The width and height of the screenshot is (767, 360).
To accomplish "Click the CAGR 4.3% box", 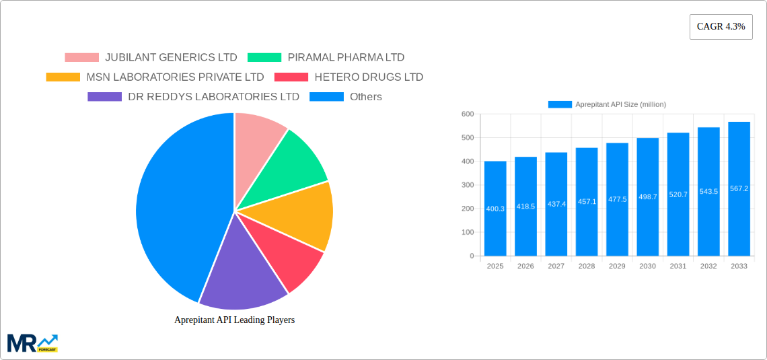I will (x=721, y=27).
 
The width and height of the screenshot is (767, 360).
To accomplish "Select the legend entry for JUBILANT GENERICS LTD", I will (x=151, y=58).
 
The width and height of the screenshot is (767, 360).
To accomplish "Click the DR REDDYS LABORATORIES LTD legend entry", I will (x=193, y=97).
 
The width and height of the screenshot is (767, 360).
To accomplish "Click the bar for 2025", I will (x=495, y=209).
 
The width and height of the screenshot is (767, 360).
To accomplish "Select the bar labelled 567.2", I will (x=739, y=188).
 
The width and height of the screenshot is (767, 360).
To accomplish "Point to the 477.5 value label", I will (x=617, y=200).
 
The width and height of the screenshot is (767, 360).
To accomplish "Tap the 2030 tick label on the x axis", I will (x=647, y=266).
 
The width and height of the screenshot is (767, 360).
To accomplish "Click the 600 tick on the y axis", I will (x=467, y=114).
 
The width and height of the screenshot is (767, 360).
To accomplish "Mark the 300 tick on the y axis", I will (x=467, y=185).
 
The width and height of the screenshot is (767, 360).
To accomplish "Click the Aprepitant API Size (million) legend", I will (x=607, y=104).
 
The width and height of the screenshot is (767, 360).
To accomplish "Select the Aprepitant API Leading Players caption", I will (x=234, y=320).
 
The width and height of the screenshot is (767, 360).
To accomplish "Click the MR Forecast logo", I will (x=32, y=343).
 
